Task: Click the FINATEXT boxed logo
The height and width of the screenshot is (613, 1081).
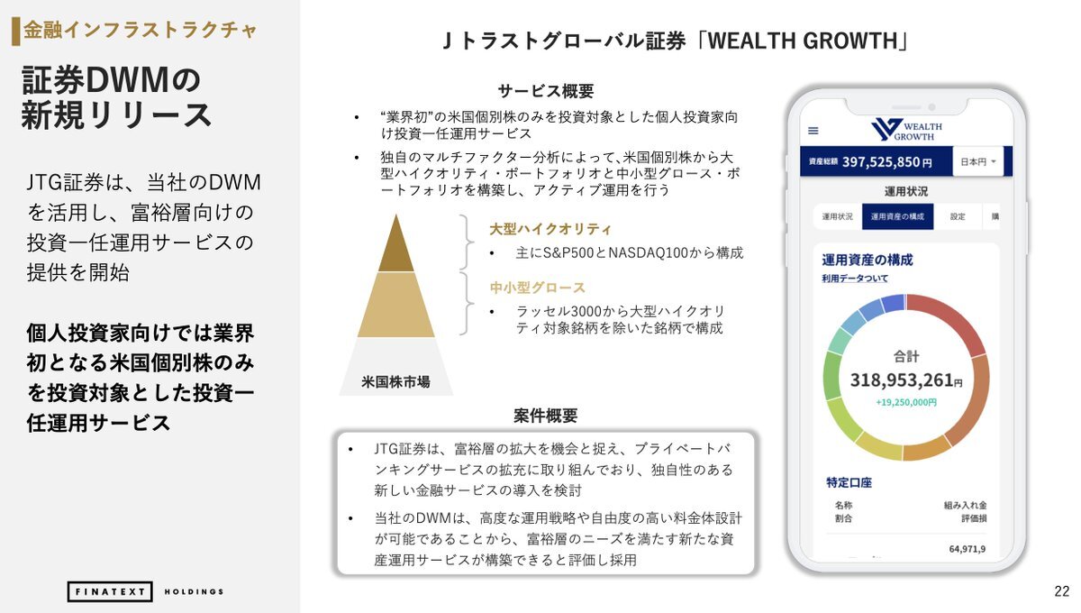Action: tap(110, 591)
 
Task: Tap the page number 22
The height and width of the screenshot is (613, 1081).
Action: tap(1062, 591)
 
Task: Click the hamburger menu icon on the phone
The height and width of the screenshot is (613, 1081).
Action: tap(813, 131)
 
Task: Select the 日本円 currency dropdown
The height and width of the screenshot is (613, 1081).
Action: tap(978, 161)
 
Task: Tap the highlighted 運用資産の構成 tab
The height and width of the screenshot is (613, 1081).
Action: tap(897, 216)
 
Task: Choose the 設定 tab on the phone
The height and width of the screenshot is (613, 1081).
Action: tap(958, 216)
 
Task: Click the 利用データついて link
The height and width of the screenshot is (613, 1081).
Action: tap(855, 279)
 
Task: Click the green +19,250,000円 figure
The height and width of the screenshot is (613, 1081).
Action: tap(906, 402)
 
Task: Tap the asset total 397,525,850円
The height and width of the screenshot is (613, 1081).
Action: tap(887, 162)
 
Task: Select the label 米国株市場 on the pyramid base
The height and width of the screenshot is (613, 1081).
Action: tap(395, 381)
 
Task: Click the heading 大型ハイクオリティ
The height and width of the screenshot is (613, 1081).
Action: tap(550, 229)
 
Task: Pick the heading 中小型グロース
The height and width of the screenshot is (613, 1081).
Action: tap(537, 288)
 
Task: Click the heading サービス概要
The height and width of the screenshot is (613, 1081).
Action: tap(545, 91)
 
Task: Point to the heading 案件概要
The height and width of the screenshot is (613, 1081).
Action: tap(545, 416)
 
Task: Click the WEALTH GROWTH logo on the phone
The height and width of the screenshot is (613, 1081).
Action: tap(906, 130)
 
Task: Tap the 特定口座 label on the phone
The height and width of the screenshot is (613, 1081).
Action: tap(849, 482)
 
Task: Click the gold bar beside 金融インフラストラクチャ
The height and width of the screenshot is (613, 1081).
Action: tap(16, 32)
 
